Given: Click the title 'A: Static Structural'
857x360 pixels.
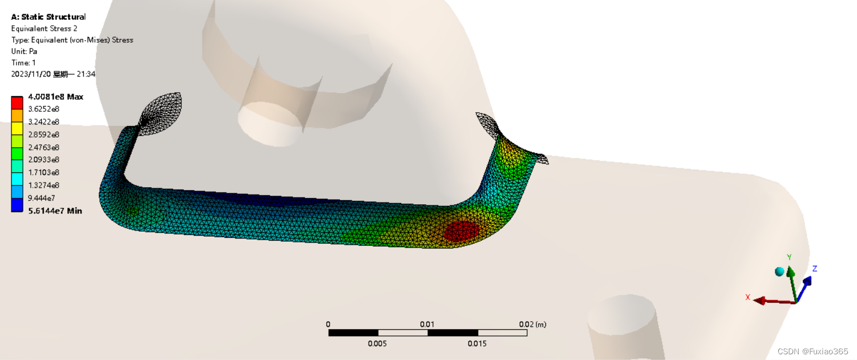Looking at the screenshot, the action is tap(48, 17).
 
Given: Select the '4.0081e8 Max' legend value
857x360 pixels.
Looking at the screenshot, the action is tap(55, 97).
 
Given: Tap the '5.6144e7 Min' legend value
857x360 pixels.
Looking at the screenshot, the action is tap(55, 211).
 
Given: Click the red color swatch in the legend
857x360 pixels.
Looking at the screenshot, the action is tap(17, 103).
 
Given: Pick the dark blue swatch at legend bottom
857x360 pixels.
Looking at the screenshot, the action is tap(17, 205).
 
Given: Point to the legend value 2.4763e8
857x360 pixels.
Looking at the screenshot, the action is tap(43, 147).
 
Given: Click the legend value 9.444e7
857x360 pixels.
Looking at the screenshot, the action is tap(41, 198).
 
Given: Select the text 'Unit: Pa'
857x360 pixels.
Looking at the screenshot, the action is tap(24, 51).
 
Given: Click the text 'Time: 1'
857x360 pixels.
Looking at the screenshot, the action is tap(23, 63).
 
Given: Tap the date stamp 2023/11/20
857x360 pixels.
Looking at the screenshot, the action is tap(31, 74).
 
